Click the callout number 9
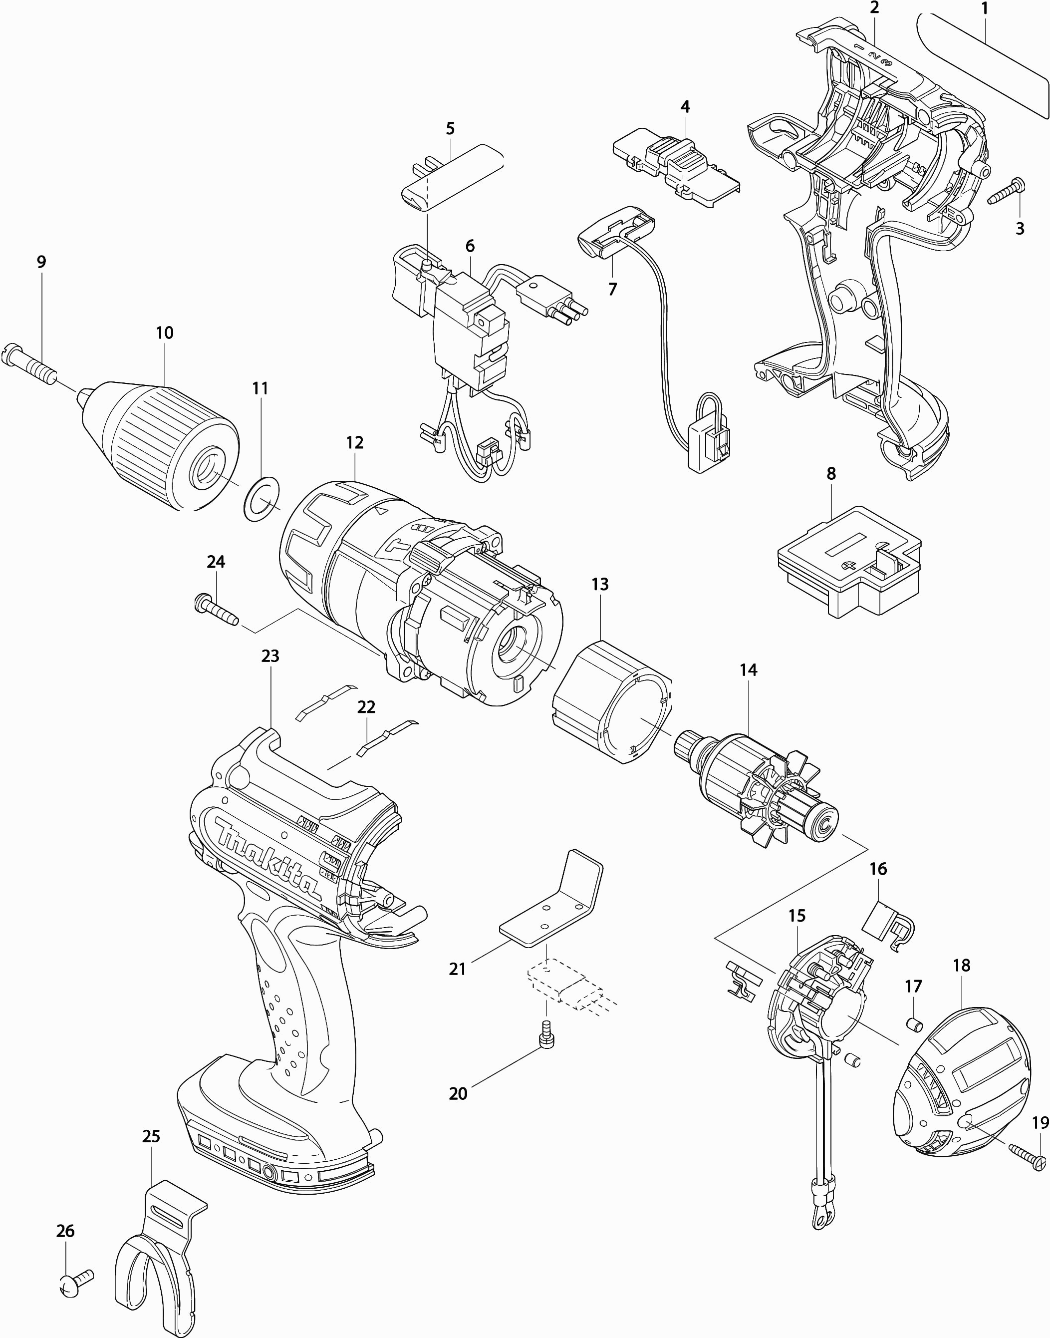[41, 262]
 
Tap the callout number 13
[600, 584]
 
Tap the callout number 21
[457, 969]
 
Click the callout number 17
[914, 987]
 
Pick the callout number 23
[270, 657]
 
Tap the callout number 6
[470, 247]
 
